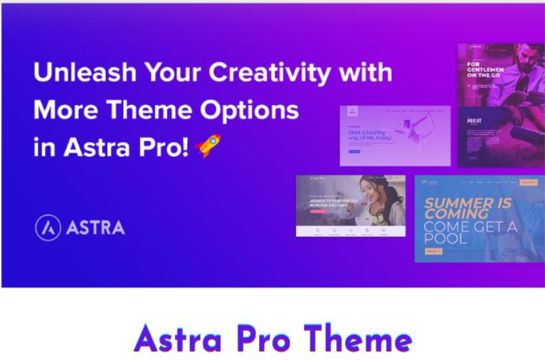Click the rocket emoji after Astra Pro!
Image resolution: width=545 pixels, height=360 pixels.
point(207,145)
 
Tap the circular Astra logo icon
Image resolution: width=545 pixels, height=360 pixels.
point(48,228)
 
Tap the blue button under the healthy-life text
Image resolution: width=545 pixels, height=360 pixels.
point(353,152)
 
